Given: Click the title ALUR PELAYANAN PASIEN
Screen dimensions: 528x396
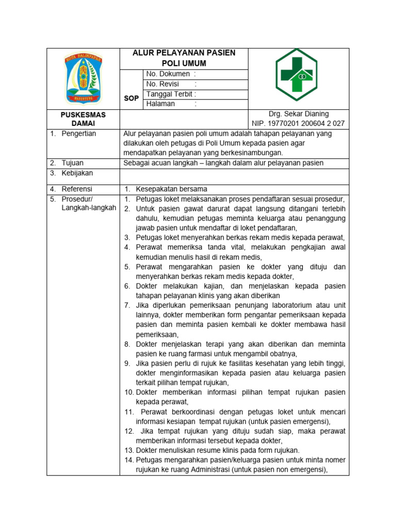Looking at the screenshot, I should (184, 53).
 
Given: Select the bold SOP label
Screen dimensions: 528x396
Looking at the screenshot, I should (131, 98).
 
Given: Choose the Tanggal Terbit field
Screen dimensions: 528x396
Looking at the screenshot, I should (171, 94).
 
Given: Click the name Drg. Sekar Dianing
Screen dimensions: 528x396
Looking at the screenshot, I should (299, 114).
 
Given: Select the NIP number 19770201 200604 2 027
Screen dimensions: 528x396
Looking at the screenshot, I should (299, 124).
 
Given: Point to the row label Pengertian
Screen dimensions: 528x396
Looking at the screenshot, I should (79, 134).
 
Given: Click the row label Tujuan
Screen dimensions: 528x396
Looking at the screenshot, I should (72, 163).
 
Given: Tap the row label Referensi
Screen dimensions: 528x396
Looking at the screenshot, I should (77, 189).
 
